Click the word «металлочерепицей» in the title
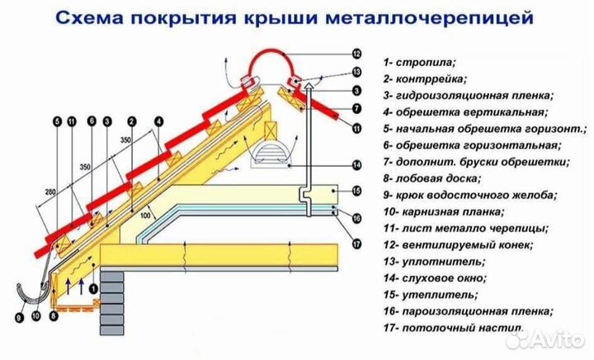tap(450, 16)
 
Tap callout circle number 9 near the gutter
tap(19, 314)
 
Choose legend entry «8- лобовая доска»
tap(434, 178)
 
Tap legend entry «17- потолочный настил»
tap(453, 329)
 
